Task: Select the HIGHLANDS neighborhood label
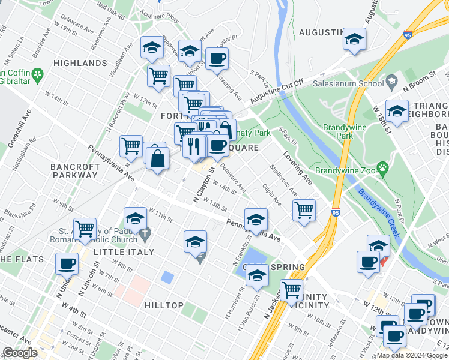(80, 63)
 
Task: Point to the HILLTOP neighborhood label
(164, 305)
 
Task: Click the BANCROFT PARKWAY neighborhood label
(74, 170)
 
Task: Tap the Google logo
(20, 353)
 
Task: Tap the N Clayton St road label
(203, 184)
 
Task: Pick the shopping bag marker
(157, 158)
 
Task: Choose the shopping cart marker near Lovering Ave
(304, 210)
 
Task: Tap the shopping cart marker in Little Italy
(85, 229)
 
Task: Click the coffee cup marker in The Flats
(67, 263)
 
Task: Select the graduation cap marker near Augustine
(354, 39)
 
